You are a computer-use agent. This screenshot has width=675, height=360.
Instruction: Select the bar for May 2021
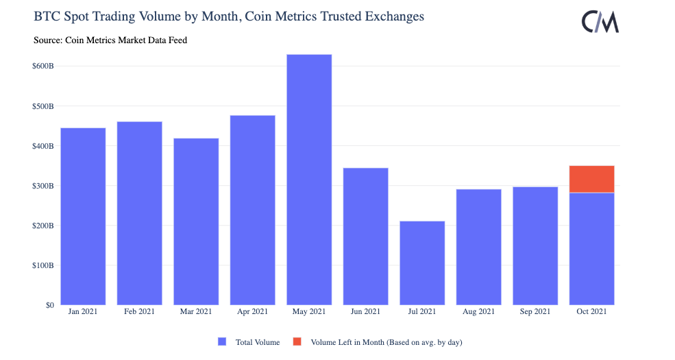309,180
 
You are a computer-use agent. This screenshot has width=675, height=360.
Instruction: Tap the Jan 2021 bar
83,216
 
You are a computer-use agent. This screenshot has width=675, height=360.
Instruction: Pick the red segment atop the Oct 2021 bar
591,179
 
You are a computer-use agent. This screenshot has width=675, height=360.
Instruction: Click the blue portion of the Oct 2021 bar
591,249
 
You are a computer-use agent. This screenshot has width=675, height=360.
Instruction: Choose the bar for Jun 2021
365,236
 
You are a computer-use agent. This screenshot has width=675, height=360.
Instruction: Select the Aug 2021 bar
478,247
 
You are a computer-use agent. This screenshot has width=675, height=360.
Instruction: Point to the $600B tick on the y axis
42,67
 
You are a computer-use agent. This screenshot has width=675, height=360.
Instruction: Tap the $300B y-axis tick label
42,186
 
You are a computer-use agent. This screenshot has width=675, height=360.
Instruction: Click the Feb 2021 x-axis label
139,312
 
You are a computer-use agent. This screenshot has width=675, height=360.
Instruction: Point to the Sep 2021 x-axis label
535,312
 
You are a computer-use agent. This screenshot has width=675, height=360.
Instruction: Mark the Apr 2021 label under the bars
252,312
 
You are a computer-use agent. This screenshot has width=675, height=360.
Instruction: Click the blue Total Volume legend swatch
221,341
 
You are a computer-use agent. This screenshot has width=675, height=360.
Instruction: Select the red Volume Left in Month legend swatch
297,341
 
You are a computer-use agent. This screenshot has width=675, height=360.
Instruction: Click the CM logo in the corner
600,22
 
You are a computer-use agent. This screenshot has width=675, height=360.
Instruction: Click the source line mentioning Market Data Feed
110,40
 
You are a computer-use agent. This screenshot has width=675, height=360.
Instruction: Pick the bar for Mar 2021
196,221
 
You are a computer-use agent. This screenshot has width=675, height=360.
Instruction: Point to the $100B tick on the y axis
42,265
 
